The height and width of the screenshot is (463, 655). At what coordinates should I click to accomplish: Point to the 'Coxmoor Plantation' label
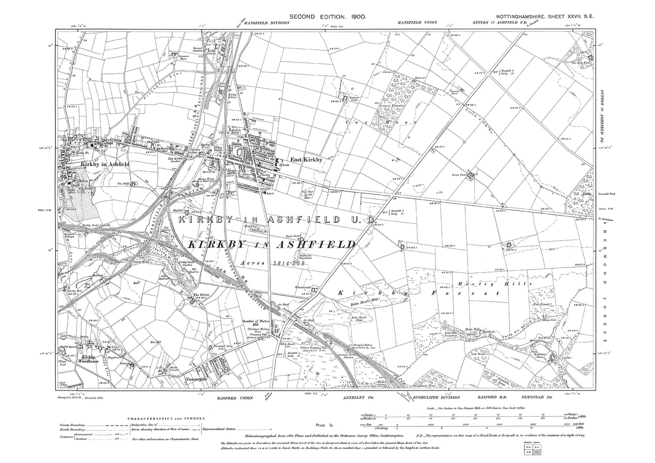(389, 111)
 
